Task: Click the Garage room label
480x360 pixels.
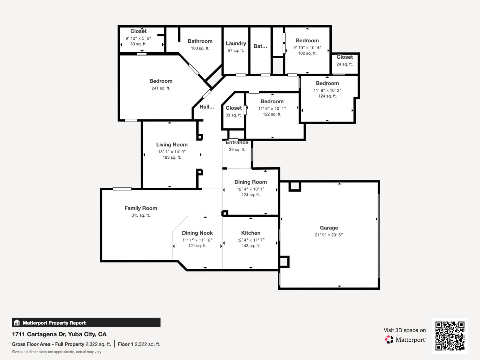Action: (x=329, y=228)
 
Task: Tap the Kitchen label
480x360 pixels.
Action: (x=251, y=233)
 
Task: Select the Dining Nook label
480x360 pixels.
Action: (x=197, y=233)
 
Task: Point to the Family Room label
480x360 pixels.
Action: (x=140, y=208)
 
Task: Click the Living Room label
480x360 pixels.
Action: (x=172, y=145)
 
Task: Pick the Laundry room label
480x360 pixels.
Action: (x=236, y=44)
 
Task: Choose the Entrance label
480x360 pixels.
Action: (x=237, y=143)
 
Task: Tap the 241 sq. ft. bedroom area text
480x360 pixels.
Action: (x=161, y=88)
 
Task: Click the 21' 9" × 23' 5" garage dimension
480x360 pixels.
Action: (x=329, y=235)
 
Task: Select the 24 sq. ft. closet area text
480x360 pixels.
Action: (x=344, y=64)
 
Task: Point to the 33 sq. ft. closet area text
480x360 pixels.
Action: (x=233, y=115)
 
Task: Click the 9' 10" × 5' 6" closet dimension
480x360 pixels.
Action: (x=138, y=38)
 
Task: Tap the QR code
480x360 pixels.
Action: (x=450, y=336)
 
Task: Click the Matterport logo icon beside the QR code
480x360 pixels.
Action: (x=389, y=340)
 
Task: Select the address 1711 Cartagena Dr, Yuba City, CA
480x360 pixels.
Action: (x=59, y=334)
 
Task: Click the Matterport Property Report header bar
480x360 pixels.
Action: (x=86, y=323)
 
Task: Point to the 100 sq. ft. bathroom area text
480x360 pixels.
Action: (x=200, y=48)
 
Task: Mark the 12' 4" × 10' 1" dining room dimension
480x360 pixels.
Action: (x=251, y=189)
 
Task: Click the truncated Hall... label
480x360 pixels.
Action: (x=207, y=107)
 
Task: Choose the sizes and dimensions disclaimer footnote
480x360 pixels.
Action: (x=57, y=352)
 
